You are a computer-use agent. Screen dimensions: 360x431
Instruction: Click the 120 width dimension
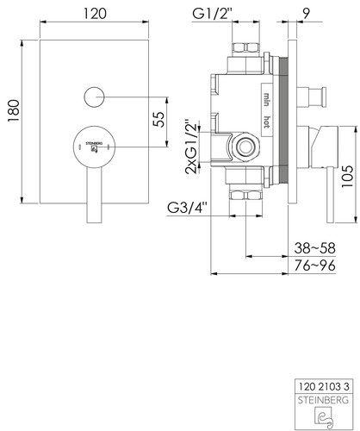[95, 14]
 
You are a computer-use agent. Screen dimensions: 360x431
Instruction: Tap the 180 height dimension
[14, 110]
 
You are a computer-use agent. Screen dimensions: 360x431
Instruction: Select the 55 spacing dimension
[158, 119]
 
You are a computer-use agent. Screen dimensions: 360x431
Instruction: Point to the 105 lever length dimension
[347, 176]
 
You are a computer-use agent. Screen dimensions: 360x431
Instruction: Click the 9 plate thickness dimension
[307, 14]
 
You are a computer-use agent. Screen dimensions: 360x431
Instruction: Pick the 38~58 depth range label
[315, 248]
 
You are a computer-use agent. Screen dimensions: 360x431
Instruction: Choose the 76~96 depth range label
[315, 265]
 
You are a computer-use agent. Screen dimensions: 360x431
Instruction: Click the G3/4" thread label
[187, 208]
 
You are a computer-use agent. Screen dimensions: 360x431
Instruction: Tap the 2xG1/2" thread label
[192, 147]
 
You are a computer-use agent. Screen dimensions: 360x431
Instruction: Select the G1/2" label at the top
[212, 14]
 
